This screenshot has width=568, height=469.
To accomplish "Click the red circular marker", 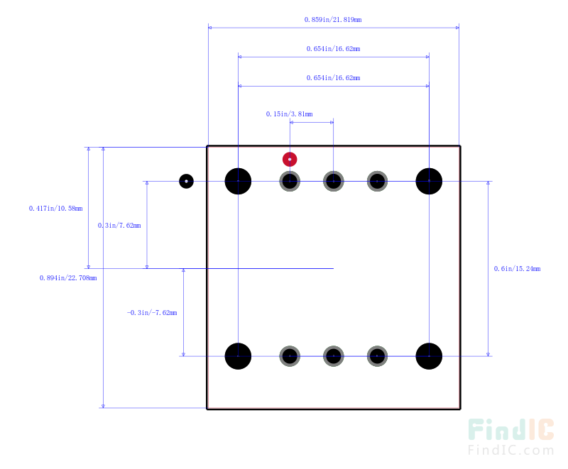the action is tap(290, 159).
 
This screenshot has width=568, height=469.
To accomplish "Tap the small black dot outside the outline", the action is tap(186, 181).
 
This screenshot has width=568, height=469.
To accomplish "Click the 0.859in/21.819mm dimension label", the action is tap(333, 20).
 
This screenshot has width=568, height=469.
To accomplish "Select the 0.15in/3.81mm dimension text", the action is tap(290, 114).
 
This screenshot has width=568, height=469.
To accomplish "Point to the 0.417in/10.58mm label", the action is tap(56, 209).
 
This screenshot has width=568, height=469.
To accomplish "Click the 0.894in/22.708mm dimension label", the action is tap(68, 278).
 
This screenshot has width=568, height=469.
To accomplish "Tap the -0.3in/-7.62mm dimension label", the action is tap(152, 313).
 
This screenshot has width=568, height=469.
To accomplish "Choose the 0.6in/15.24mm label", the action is tap(518, 268).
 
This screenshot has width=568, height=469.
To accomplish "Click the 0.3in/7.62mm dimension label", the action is tap(119, 226).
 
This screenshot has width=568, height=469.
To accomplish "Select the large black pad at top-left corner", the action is tap(238, 181).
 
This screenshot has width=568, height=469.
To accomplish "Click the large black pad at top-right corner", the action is tap(429, 181).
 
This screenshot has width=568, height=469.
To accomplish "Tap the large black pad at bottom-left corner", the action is tap(238, 356).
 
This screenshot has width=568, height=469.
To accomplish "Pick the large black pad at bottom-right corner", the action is tap(429, 356).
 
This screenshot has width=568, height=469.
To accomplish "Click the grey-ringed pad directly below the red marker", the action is tap(290, 181).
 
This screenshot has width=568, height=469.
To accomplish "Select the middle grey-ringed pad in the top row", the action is tap(333, 181).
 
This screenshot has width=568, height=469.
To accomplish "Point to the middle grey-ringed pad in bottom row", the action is tap(333, 356).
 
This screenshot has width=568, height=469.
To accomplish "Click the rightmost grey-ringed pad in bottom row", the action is tap(377, 356).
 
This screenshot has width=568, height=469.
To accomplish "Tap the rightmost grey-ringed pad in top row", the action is tap(377, 181).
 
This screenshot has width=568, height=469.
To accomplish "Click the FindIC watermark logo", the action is tap(510, 437).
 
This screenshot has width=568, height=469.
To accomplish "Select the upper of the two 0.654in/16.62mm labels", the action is tap(333, 49).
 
